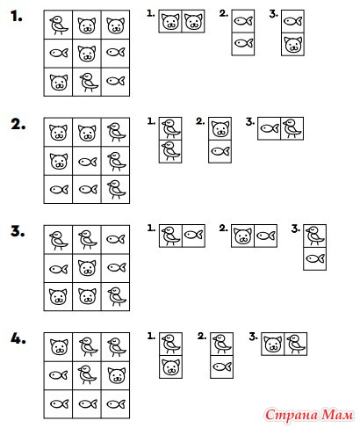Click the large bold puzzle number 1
point(17,17)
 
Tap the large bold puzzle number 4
point(18,338)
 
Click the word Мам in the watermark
point(336,415)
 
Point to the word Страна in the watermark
point(292,416)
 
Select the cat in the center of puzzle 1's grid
point(87,54)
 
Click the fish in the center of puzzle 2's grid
point(88,162)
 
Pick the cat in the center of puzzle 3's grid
point(87,268)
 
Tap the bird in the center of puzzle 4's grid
point(87,374)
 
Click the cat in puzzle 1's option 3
point(292,45)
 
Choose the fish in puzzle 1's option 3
point(292,21)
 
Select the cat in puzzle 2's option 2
point(220,129)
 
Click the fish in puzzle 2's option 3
point(270,128)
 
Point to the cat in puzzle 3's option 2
point(243,236)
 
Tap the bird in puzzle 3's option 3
point(315,236)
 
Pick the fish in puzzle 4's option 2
point(222,366)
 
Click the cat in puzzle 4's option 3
point(273,344)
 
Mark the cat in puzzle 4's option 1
point(171,367)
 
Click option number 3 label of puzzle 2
point(249,122)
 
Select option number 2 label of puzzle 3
point(223,229)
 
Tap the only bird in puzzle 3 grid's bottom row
point(117,297)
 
